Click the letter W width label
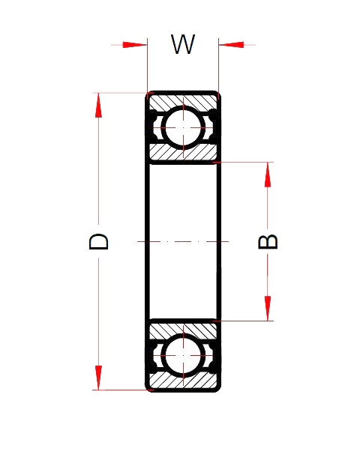[182, 45]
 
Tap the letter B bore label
[268, 241]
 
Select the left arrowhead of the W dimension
[135, 45]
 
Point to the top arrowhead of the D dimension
[97, 105]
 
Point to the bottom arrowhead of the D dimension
[97, 378]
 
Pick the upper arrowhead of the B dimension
[268, 174]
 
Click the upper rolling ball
[183, 127]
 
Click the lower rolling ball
[183, 355]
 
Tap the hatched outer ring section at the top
[183, 100]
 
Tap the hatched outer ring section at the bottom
[183, 382]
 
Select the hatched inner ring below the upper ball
[183, 153]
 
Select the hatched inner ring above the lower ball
[183, 328]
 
